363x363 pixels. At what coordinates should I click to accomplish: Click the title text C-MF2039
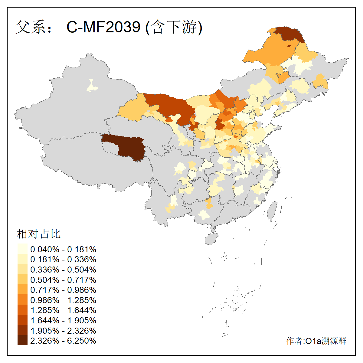(x=103, y=27)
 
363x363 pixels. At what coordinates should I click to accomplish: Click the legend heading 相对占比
(x=39, y=234)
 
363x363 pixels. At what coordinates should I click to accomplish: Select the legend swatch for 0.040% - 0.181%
(x=22, y=249)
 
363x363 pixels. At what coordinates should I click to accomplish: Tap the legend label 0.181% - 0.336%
(x=63, y=260)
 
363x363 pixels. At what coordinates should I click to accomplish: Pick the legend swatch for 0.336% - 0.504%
(x=22, y=270)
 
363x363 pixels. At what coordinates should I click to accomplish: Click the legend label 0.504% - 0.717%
(x=63, y=280)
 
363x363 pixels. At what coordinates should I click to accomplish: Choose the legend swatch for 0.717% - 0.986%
(x=22, y=290)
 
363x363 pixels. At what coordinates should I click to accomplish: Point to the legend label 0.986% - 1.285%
(x=63, y=300)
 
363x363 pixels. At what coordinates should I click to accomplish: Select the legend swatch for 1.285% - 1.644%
(x=22, y=310)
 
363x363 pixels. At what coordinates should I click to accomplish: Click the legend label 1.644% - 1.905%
(x=63, y=320)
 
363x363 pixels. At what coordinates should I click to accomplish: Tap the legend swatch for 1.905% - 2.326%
(x=22, y=330)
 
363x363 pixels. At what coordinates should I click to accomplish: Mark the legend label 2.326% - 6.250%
(x=63, y=341)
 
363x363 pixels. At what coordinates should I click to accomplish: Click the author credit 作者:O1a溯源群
(x=316, y=341)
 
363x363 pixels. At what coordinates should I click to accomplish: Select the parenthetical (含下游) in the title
(x=174, y=27)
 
